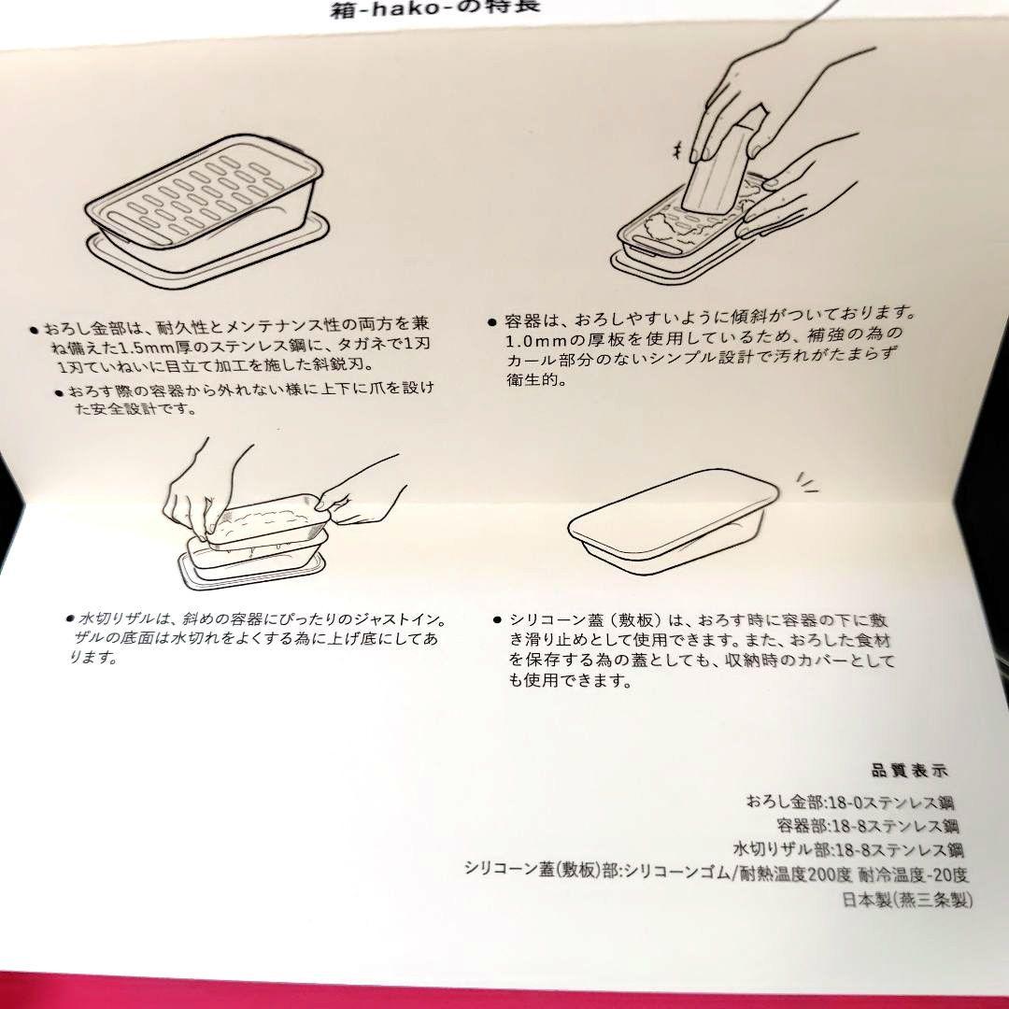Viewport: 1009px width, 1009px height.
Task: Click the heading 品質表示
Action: click(x=909, y=771)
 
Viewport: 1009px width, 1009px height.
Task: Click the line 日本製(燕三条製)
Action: click(x=907, y=901)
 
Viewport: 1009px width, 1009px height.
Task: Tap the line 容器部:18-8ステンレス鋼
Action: click(x=867, y=826)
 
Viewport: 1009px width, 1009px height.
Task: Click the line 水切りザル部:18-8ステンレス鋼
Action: click(x=848, y=850)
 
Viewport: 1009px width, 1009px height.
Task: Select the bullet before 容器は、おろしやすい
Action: click(x=492, y=321)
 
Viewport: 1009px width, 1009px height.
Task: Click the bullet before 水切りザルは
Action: click(x=70, y=618)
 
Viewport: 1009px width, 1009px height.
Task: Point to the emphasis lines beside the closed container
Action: click(x=805, y=484)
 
